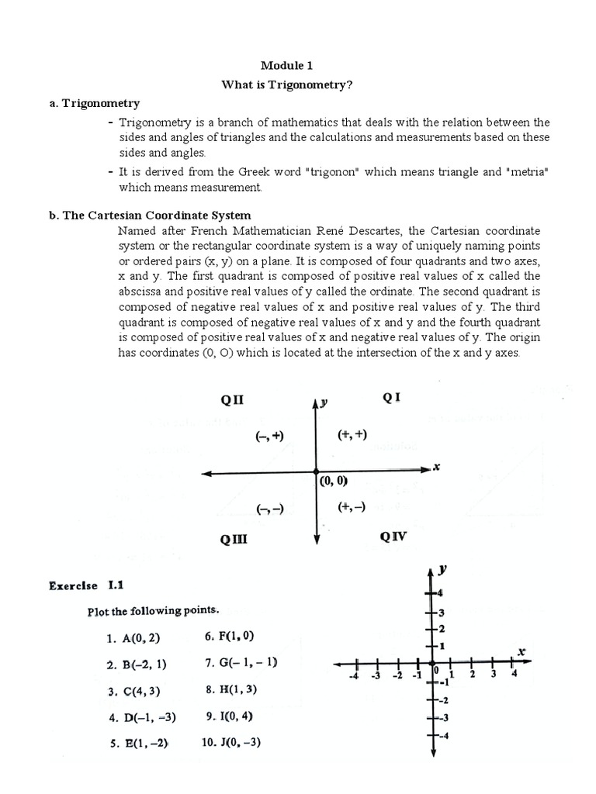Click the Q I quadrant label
[x=391, y=398]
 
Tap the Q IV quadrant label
[x=393, y=536]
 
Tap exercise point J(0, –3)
[x=231, y=741]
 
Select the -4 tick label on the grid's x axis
[x=354, y=676]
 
